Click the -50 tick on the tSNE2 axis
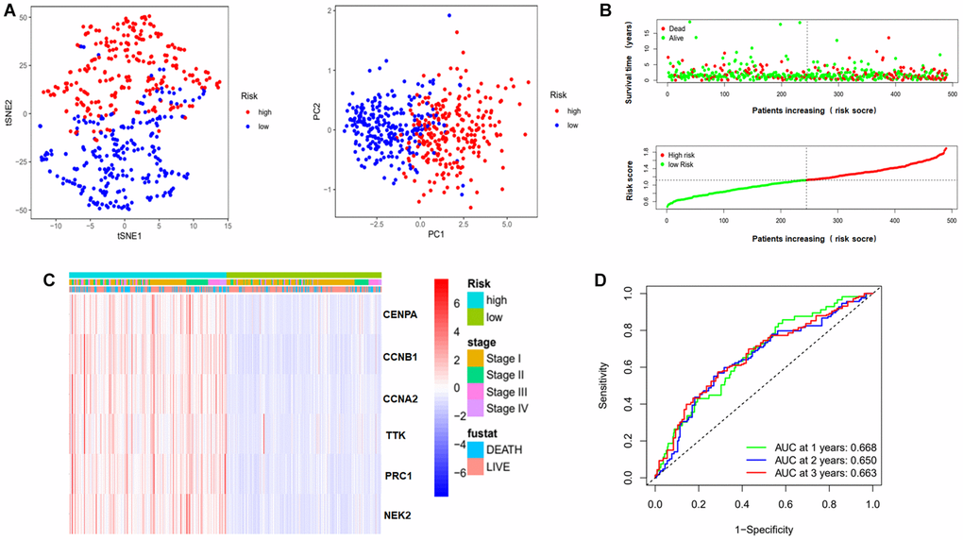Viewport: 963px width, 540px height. (x=22, y=209)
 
